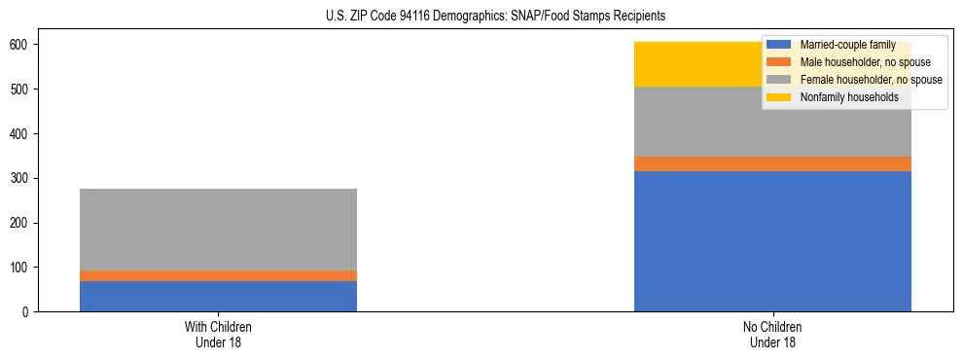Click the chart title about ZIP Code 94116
pos(482,17)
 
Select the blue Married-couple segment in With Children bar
pos(218,296)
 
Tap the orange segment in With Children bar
pos(218,275)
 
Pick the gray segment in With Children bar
pos(218,230)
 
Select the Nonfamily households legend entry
pos(842,97)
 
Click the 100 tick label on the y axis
pos(19,268)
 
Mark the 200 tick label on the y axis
pos(19,223)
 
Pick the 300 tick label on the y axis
pos(19,178)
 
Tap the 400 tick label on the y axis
pos(19,133)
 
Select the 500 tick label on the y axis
pos(19,90)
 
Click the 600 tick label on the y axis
pos(19,45)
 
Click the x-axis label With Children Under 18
pos(218,334)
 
